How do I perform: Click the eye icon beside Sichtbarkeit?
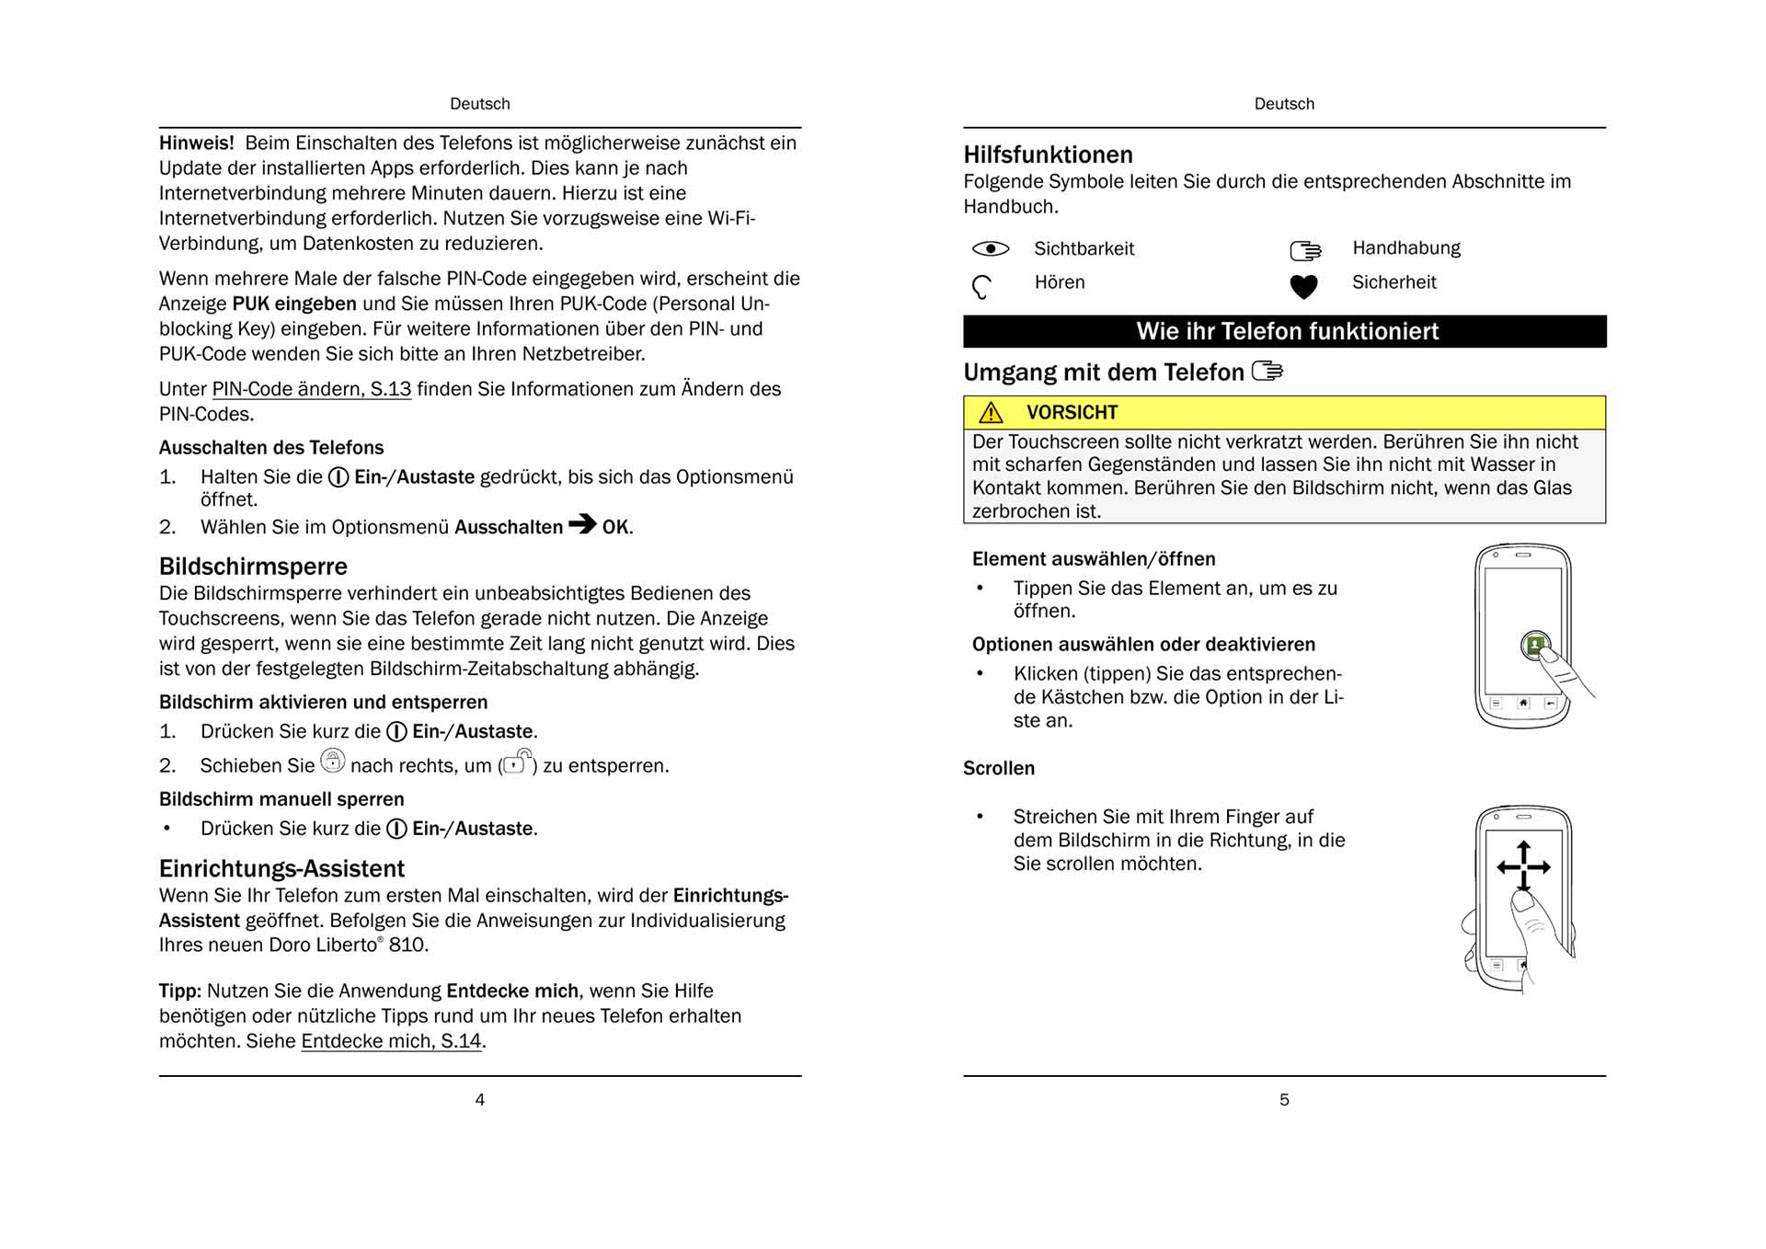pos(991,248)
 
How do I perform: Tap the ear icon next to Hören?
pos(981,287)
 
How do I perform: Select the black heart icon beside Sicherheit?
pos(1303,287)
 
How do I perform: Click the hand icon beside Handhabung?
pos(1305,250)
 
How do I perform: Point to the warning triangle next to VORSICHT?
pos(991,412)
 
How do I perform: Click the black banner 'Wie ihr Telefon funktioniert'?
pos(1284,331)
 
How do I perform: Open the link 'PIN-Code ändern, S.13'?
pos(311,389)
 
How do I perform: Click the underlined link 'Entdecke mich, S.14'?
pos(391,1041)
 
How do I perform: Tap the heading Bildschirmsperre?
pos(253,566)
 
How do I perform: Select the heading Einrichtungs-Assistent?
pos(281,868)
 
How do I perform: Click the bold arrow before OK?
pos(582,524)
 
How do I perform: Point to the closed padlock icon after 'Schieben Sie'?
pos(332,761)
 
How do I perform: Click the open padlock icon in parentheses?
pos(518,762)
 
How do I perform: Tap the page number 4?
pos(479,1099)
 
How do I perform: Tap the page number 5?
pos(1284,1099)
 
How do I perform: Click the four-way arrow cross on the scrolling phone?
pos(1523,865)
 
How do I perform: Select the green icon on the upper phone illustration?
pos(1534,646)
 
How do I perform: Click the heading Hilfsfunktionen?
pos(1048,155)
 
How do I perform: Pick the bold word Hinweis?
pos(196,143)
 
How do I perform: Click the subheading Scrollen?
pos(998,768)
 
